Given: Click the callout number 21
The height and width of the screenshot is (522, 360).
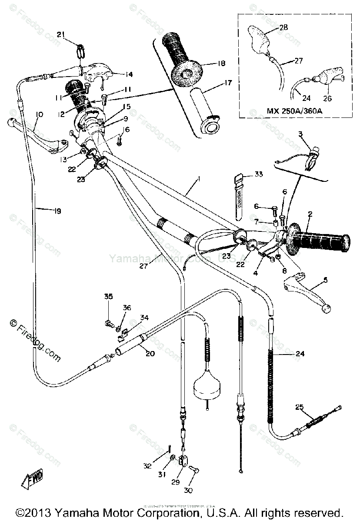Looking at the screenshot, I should click(60, 35).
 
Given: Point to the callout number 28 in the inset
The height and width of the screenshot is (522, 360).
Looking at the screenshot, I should click(283, 27).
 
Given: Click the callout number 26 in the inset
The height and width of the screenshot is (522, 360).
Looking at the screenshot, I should click(327, 99).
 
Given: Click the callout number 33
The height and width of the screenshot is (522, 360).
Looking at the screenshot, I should click(259, 174).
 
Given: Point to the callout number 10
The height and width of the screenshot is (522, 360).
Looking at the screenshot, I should click(39, 114).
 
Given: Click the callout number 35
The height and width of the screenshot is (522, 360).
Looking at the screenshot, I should click(108, 297).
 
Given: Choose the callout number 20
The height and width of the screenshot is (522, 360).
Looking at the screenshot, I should click(150, 354).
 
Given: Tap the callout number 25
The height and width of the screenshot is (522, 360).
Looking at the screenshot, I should click(299, 407).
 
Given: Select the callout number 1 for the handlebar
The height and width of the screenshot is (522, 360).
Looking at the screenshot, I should click(187, 190).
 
